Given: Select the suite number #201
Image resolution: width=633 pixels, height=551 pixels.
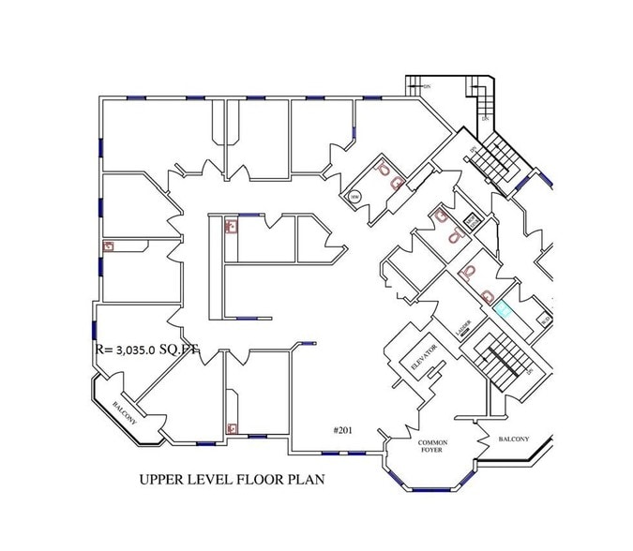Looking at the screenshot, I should [x=343, y=430].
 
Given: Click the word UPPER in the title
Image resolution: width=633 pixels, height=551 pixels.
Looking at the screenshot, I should [x=162, y=480].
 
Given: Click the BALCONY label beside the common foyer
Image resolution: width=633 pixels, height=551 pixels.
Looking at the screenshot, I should [x=513, y=439].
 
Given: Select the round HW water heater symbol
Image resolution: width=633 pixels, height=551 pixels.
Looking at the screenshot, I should [x=354, y=197].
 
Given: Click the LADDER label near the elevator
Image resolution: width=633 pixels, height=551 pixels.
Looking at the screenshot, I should [x=462, y=328].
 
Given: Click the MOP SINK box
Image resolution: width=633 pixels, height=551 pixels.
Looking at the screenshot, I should [x=471, y=221].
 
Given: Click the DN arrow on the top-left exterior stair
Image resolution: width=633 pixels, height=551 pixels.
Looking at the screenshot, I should [x=427, y=88].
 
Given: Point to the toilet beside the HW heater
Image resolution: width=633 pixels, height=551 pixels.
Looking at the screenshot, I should [x=384, y=170].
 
